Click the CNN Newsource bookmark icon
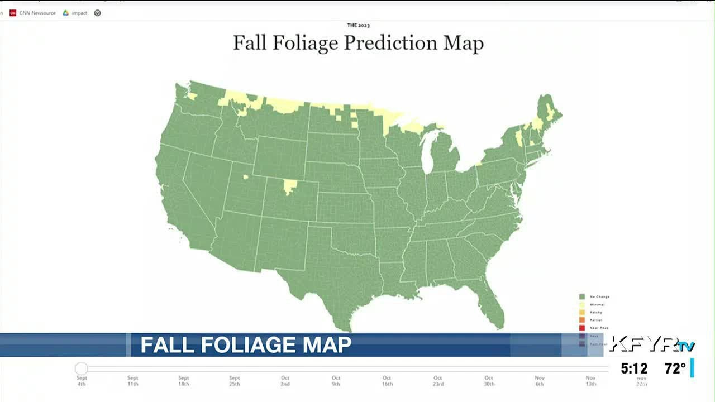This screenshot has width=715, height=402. (13, 13)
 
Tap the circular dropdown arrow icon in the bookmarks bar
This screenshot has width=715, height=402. (98, 13)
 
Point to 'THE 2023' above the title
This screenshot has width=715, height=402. (358, 25)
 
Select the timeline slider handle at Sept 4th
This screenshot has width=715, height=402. (82, 368)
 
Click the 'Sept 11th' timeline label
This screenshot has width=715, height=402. (132, 381)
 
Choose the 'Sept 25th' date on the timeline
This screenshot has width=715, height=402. (234, 381)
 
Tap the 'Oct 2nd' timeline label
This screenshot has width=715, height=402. (285, 381)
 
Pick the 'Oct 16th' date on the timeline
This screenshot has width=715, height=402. (387, 381)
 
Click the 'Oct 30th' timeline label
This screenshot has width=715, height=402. (489, 381)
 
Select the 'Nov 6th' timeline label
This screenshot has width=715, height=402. (540, 381)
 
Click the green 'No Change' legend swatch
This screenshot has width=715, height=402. (582, 296)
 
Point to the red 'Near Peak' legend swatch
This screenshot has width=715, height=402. (582, 328)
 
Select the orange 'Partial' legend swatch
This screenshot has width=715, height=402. (582, 320)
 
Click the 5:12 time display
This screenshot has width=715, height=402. (634, 369)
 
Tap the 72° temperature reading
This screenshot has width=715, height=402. (675, 369)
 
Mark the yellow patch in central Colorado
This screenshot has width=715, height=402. (289, 186)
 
